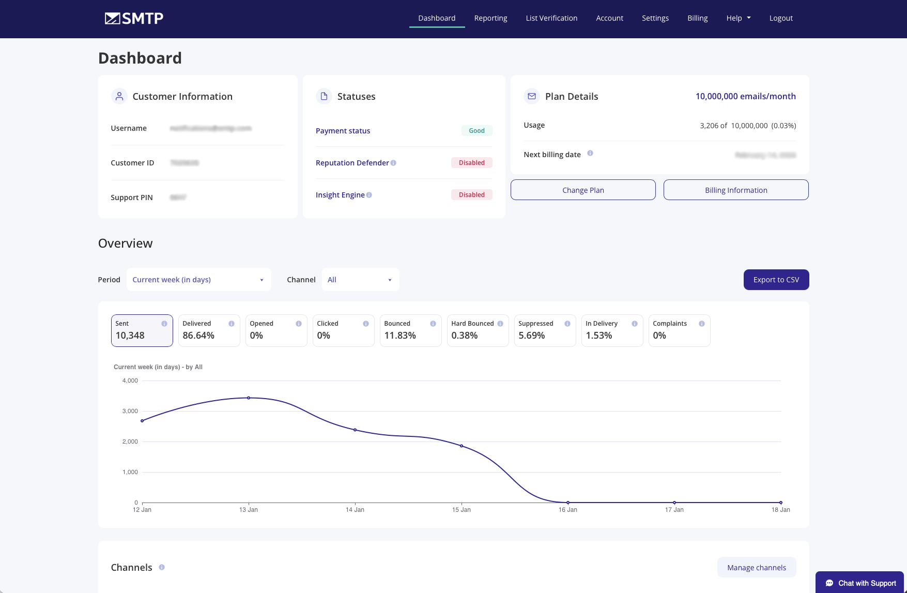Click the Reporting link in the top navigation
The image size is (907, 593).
(490, 18)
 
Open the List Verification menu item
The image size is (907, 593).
(551, 18)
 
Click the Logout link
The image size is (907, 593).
(781, 18)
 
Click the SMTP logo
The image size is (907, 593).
(134, 19)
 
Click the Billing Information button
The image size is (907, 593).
(736, 190)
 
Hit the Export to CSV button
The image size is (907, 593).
(776, 280)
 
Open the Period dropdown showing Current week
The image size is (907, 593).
(198, 280)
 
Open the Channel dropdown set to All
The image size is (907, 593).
(360, 280)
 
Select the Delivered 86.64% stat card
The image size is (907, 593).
(209, 330)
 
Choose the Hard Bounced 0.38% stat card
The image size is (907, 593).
(478, 330)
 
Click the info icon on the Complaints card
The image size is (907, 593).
(701, 324)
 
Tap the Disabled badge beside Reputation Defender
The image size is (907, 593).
(471, 163)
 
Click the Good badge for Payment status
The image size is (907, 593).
(476, 131)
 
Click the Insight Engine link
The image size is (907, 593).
(340, 195)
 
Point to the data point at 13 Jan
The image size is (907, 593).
(249, 398)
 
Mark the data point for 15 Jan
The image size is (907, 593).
(462, 446)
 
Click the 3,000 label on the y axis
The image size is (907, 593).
(130, 411)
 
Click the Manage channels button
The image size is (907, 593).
(757, 568)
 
